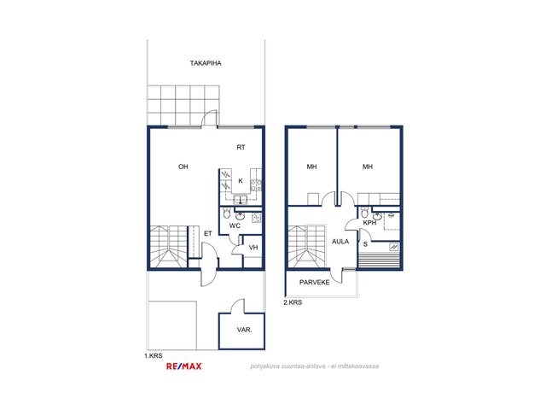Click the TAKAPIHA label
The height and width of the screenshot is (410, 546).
coord(206,63)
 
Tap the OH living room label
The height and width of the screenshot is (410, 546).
coord(183,167)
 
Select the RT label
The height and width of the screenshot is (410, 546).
coord(241,148)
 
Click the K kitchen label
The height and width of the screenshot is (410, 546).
coord(241,181)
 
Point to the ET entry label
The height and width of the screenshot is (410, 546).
coord(208,233)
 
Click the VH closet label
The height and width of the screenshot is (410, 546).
coord(253,248)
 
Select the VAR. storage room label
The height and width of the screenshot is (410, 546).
coord(245,330)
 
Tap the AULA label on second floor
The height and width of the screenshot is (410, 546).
coord(340,241)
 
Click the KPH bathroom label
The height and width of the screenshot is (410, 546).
coord(369,223)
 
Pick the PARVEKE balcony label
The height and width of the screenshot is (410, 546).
coord(315,283)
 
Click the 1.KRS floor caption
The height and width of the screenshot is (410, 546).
coord(154,356)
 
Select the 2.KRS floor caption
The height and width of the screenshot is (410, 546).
coord(293,302)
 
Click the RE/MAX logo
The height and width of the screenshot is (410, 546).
coord(184,366)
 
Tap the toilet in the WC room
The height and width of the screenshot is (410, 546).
coord(227,213)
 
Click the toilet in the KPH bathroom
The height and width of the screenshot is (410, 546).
coord(364,212)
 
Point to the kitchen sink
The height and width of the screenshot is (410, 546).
coord(241,200)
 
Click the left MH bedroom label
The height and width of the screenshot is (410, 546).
coord(311,167)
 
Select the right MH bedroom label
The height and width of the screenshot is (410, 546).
coord(368,167)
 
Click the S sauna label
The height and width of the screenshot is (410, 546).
coord(365,244)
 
